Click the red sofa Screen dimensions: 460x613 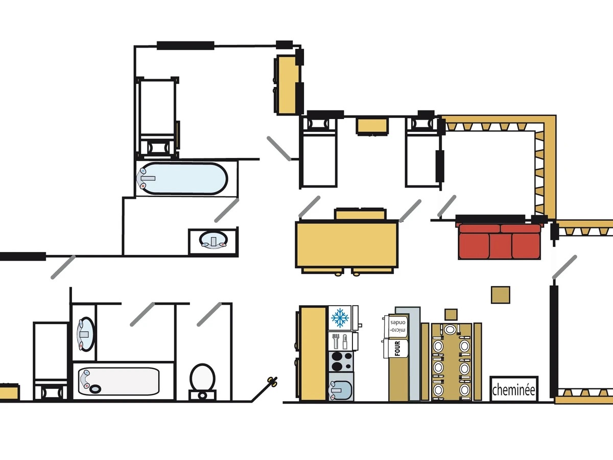click(x=500, y=241)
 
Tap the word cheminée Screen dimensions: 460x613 click(x=513, y=390)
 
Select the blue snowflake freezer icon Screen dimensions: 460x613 click(x=339, y=317)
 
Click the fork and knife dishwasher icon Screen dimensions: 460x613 click(x=340, y=340)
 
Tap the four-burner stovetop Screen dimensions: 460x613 click(x=340, y=361)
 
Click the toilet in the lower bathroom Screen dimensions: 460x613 click(x=202, y=379)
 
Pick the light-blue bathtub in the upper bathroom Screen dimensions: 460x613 click(x=181, y=178)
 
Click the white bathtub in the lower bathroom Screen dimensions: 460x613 click(x=119, y=381)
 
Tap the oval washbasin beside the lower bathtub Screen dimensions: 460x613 click(x=84, y=333)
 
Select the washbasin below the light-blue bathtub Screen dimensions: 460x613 click(x=213, y=240)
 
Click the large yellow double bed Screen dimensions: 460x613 click(x=347, y=244)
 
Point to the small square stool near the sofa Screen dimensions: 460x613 click(x=501, y=295)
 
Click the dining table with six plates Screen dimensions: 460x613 click(x=450, y=361)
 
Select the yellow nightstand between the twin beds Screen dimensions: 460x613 click(x=372, y=126)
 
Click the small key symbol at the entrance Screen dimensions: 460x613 click(x=273, y=381)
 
